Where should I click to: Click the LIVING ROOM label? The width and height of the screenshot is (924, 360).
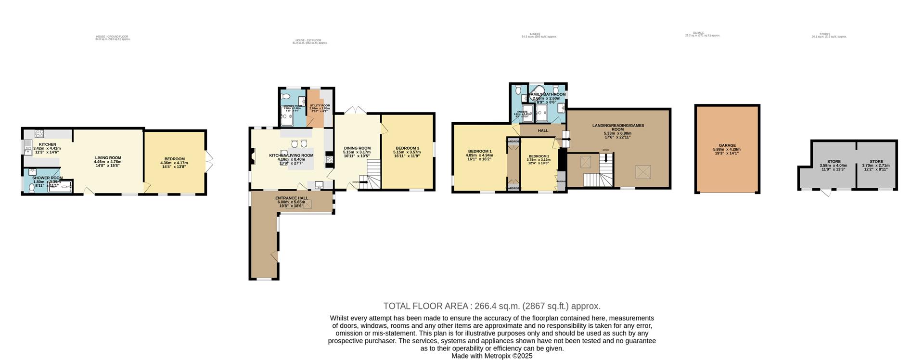coord(108,158)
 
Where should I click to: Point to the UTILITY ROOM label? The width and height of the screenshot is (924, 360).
coord(320,105)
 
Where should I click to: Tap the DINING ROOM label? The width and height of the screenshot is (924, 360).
coord(357,148)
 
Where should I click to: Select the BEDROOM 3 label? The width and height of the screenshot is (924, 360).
coord(407,148)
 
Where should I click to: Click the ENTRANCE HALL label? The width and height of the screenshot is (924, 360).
coord(292,198)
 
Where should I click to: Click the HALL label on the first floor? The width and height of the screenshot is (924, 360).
coord(543,130)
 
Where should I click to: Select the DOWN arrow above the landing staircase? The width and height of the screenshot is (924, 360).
coord(606,156)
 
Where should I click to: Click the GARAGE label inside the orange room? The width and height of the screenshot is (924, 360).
coord(727,145)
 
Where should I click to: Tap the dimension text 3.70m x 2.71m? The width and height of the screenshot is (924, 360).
coord(876,166)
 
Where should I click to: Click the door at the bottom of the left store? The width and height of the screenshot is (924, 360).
coord(826,193)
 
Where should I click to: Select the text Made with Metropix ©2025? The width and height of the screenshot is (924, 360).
coord(492,356)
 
